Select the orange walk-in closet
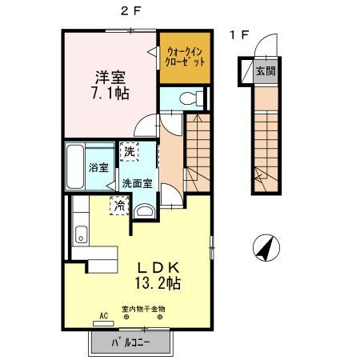(186, 57)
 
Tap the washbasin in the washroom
(144, 210)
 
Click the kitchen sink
(80, 235)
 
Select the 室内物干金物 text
(143, 309)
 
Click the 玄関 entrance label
(264, 70)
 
